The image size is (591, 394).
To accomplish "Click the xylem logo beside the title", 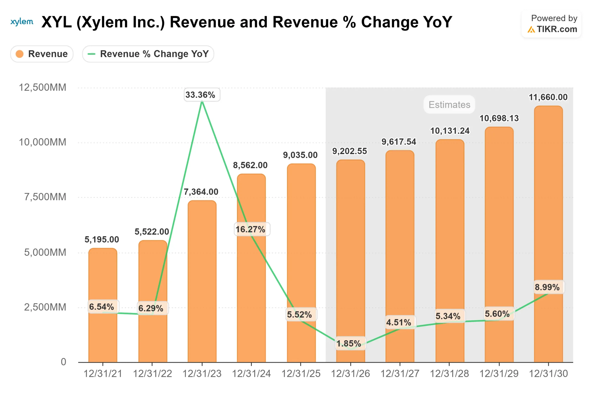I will pyautogui.click(x=22, y=22).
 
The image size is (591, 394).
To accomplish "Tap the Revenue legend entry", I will pyautogui.click(x=42, y=54).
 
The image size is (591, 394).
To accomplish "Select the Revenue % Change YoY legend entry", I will pyautogui.click(x=148, y=54).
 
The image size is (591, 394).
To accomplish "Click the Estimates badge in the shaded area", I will pyautogui.click(x=449, y=105).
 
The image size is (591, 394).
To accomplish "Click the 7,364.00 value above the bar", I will pyautogui.click(x=201, y=192).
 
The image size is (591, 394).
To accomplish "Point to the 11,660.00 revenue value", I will pyautogui.click(x=548, y=97).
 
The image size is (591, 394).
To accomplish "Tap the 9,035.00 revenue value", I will pyautogui.click(x=300, y=155).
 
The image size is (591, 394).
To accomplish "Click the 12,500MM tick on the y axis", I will pyautogui.click(x=42, y=88).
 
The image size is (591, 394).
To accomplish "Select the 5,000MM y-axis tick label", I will pyautogui.click(x=45, y=252).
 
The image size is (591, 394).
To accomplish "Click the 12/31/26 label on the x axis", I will pyautogui.click(x=350, y=374).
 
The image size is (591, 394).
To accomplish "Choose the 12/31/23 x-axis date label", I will pyautogui.click(x=202, y=374).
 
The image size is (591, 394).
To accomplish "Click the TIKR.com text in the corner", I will pyautogui.click(x=557, y=29).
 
